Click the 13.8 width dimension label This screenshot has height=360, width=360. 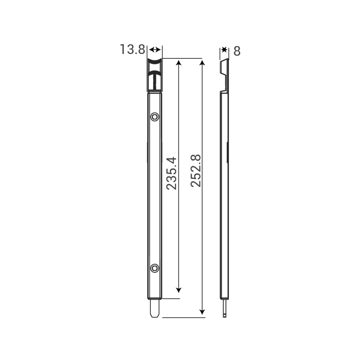[132, 50]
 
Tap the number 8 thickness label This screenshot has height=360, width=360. [237, 51]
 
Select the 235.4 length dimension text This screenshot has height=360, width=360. [171, 173]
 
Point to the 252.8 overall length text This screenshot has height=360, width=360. [195, 171]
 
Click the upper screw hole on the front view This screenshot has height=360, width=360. [155, 116]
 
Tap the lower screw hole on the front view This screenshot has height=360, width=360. [155, 268]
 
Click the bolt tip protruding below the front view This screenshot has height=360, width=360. [155, 309]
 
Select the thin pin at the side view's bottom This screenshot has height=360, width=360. [225, 308]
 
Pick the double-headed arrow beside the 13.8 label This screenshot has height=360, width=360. [155, 50]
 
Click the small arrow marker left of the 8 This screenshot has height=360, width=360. [224, 50]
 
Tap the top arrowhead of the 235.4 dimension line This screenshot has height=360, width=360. [179, 63]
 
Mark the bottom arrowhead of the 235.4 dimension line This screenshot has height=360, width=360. [179, 288]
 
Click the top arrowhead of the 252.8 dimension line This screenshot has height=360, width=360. [203, 63]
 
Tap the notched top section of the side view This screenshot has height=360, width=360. [225, 74]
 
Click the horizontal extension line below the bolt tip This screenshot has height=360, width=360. [184, 318]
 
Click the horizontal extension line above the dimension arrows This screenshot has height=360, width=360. [184, 58]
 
